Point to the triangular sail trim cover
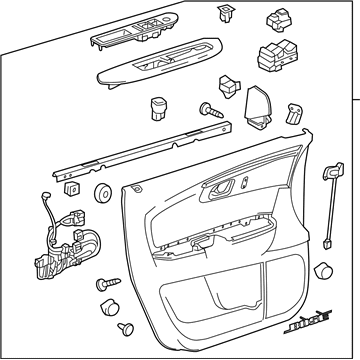point(255,102)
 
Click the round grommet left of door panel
point(102,192)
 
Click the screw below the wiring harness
point(106,287)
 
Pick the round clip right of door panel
point(323,272)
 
